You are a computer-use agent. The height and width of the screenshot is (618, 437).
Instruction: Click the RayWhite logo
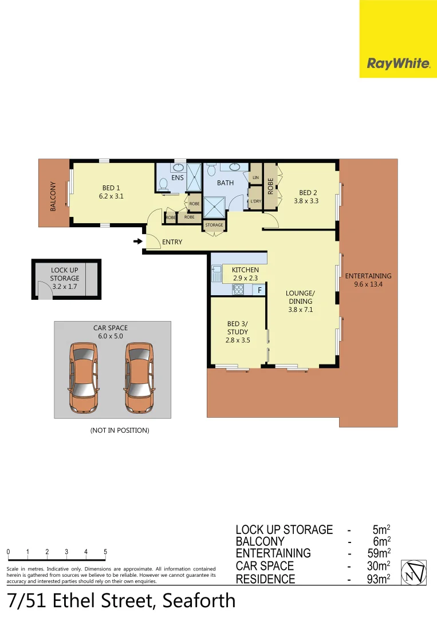pos(398,64)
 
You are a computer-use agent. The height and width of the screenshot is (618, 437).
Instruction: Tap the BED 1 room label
pos(111,192)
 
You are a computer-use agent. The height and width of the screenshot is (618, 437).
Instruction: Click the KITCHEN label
pos(245,274)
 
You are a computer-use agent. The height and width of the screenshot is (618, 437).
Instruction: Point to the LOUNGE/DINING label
pos(300,301)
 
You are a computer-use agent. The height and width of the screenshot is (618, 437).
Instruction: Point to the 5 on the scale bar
pos(105,552)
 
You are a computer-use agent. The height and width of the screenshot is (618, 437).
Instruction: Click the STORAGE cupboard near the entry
pos(214,225)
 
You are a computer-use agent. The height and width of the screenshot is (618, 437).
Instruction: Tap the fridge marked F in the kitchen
pos(260,290)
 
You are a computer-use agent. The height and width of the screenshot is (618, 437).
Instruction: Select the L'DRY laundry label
pos(255,201)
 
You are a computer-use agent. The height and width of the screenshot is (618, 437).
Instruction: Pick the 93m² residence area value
pos(379,579)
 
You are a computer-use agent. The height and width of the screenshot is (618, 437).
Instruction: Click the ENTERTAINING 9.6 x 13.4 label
pos(368,279)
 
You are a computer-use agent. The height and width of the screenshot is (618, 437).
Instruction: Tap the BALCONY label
pos(53,196)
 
